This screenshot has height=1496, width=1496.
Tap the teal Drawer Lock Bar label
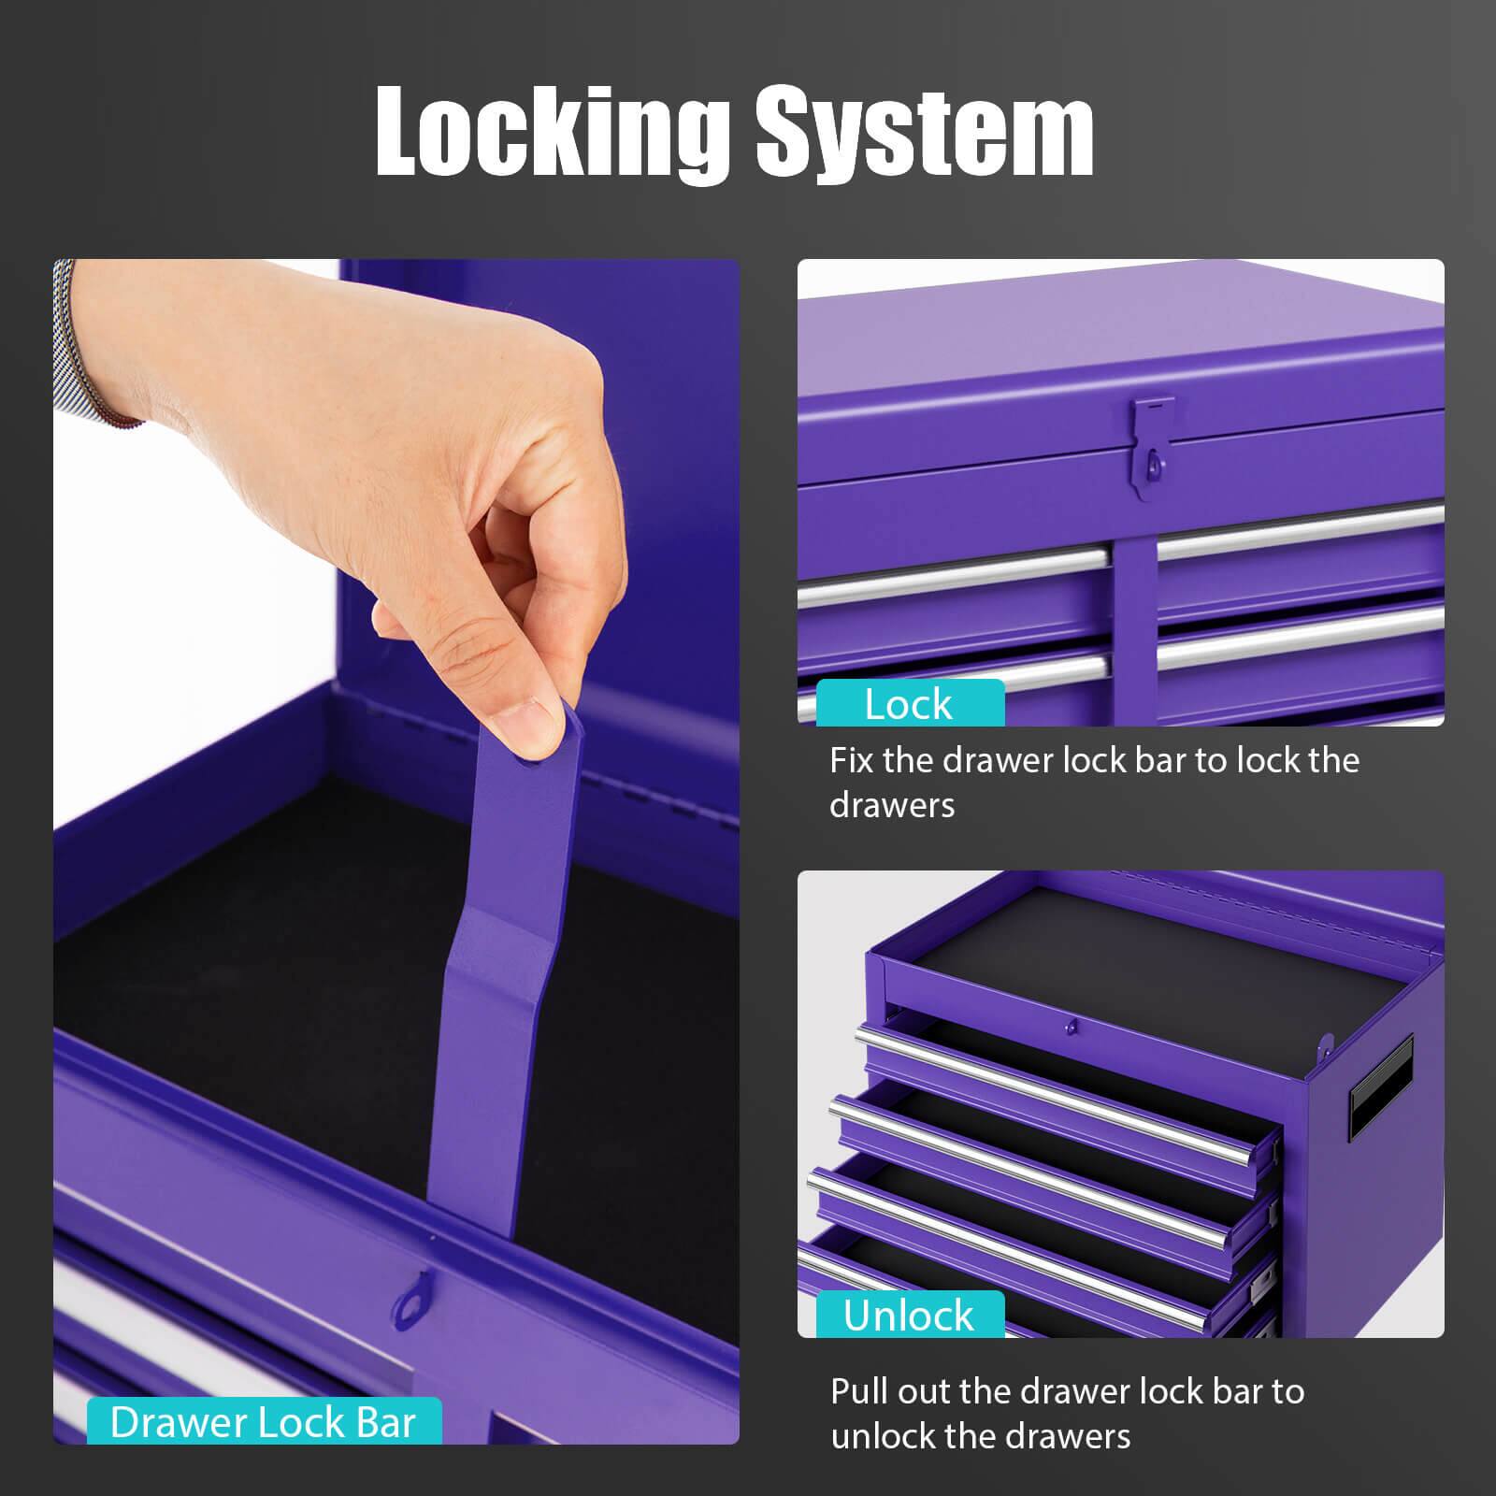[x=264, y=1422]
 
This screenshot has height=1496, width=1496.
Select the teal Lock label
[x=910, y=703]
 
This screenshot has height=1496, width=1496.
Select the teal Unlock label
[x=910, y=1315]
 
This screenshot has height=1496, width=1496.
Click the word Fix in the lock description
[x=851, y=760]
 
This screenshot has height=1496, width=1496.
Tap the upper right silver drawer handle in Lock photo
[x=1301, y=531]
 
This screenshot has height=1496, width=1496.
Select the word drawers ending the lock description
[x=892, y=805]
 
